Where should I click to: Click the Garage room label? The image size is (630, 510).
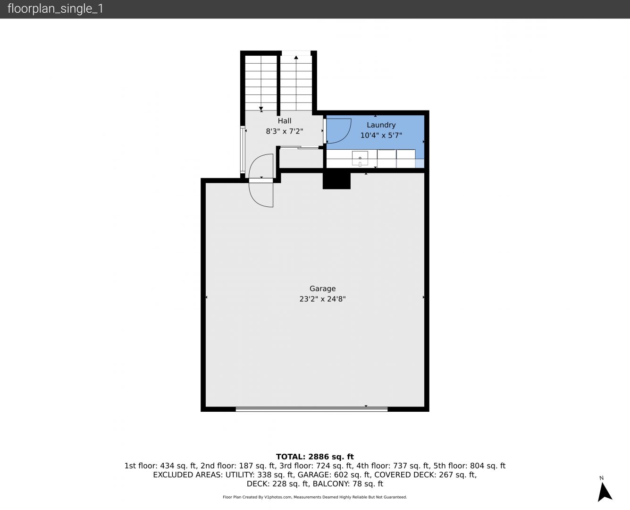click(x=322, y=289)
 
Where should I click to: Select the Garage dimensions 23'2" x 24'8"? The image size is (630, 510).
click(x=322, y=299)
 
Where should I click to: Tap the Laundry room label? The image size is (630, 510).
click(x=381, y=125)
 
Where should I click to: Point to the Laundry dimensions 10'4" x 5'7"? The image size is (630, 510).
click(x=381, y=136)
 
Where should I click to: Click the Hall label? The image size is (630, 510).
click(x=285, y=121)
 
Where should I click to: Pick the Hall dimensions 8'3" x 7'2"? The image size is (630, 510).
click(x=285, y=131)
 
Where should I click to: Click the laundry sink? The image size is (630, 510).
click(x=360, y=158)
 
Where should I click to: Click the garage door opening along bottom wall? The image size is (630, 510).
click(x=311, y=409)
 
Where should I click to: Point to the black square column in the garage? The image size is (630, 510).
click(x=336, y=181)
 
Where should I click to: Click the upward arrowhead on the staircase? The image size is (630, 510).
click(x=296, y=57)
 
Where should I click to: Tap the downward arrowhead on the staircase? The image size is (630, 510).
click(x=261, y=108)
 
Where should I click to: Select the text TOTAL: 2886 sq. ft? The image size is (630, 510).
click(x=315, y=457)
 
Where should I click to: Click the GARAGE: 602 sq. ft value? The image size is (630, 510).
click(x=334, y=475)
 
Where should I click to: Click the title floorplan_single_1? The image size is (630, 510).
click(x=55, y=9)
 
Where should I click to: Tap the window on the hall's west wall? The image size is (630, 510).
click(x=243, y=149)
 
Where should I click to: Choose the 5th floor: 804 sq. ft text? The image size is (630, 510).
click(x=470, y=466)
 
